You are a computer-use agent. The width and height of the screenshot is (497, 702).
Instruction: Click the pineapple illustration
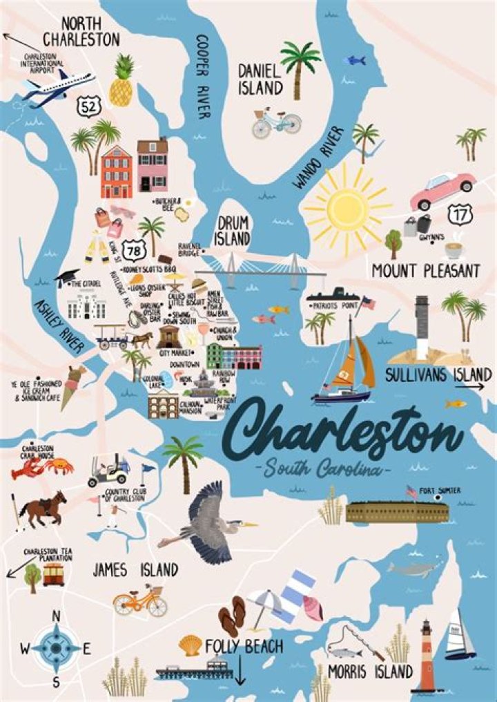tap(121, 82)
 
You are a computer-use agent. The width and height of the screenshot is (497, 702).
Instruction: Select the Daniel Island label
tap(260, 79)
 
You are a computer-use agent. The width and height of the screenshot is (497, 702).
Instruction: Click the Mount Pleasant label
tap(425, 270)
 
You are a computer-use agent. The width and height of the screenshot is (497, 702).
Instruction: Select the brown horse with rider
tap(44, 506)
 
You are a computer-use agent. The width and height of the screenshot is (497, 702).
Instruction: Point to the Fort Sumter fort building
tap(396, 511)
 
